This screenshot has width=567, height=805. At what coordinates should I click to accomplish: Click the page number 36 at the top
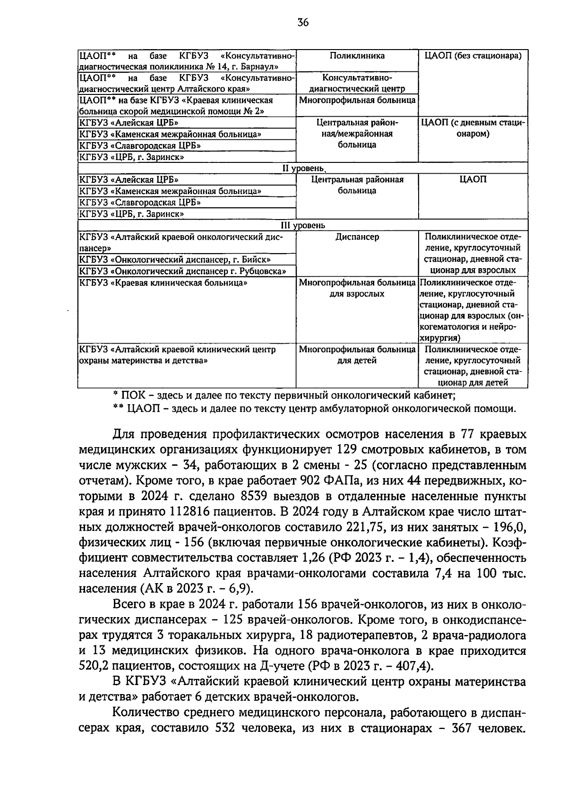[303, 22]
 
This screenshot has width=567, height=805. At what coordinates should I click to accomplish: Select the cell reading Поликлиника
[357, 56]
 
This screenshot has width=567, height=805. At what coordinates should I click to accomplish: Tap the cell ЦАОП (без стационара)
[473, 56]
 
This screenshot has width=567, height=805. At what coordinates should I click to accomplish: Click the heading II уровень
[303, 168]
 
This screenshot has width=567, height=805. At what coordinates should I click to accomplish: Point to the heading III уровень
[303, 226]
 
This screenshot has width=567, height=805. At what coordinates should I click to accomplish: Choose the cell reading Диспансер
[357, 237]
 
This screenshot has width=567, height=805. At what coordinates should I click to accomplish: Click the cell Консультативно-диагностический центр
[357, 83]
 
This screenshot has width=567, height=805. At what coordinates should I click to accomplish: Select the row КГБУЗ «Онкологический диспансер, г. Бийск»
[175, 260]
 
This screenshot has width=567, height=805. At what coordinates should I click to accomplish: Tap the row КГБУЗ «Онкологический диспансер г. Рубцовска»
[182, 271]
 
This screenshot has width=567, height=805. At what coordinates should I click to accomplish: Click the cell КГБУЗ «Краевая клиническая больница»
[163, 283]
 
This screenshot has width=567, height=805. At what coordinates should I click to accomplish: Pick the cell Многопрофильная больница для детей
[357, 355]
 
